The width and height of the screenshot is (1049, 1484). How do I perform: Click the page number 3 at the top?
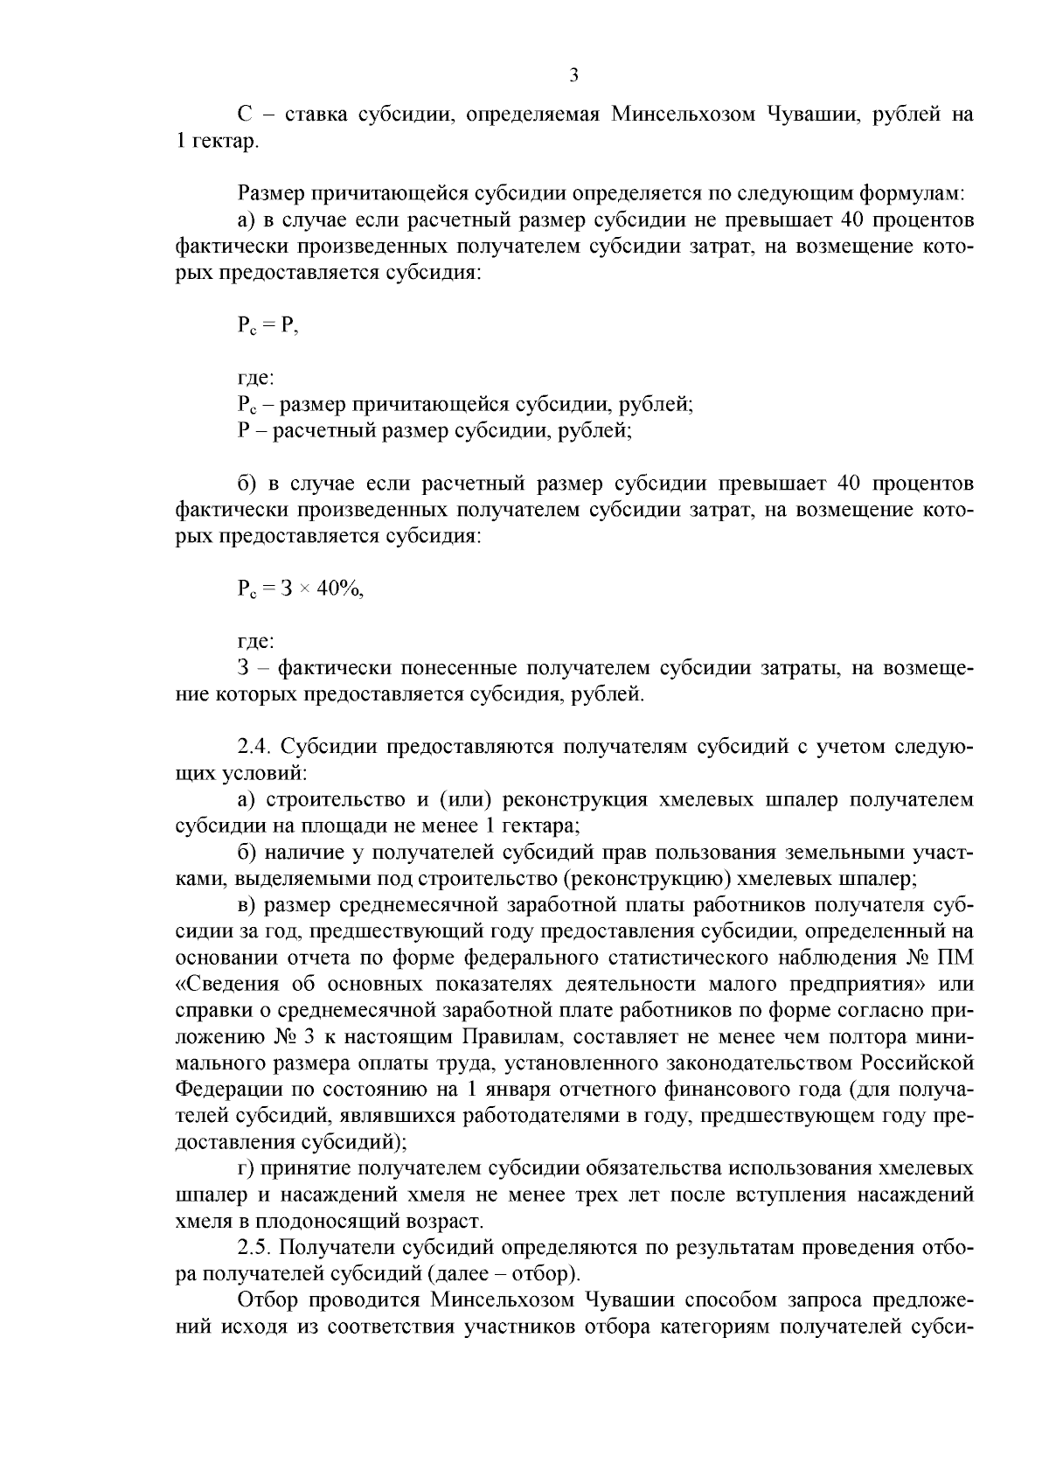[573, 75]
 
